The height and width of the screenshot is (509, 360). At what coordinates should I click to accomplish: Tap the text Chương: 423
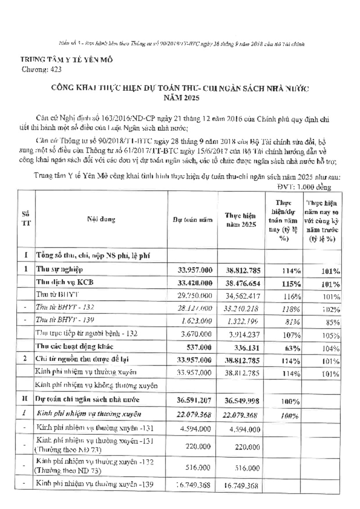41,70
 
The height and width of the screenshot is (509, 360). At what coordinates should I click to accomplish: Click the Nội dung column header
101,220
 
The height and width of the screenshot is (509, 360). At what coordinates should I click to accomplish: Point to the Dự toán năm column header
192,220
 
